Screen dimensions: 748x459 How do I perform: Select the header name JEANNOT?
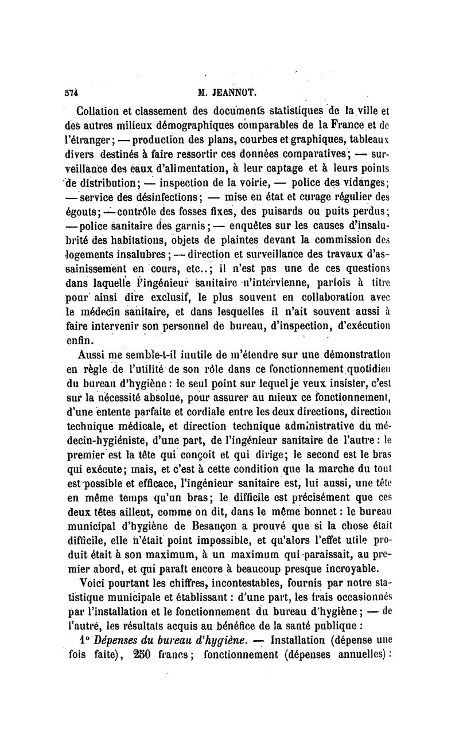click(235, 91)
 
